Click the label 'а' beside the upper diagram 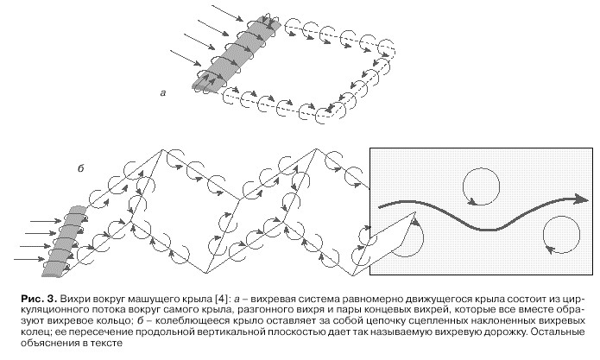tap(163, 92)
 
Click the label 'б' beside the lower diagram tap(81, 168)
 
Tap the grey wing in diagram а tap(236, 54)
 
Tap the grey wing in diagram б tap(65, 241)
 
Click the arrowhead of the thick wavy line tap(581, 199)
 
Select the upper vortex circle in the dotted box tap(482, 168)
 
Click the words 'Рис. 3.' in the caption tap(39, 299)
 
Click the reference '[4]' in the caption tap(223, 299)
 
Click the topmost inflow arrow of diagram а tap(227, 13)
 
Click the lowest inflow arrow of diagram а tap(186, 57)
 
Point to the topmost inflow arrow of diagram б tap(46, 221)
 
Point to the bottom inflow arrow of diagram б tap(29, 259)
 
